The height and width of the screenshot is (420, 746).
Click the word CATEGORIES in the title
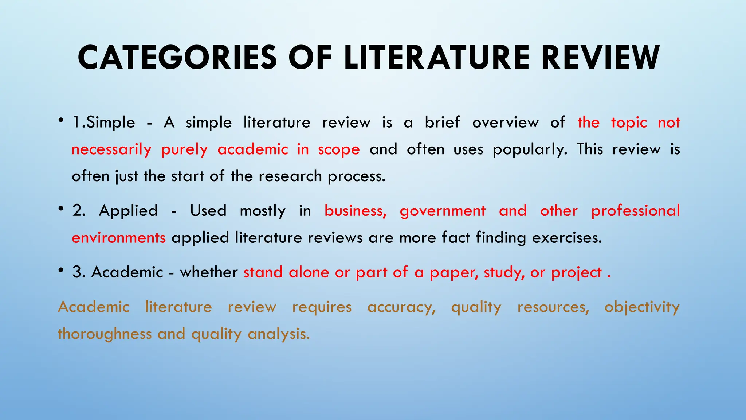point(177,58)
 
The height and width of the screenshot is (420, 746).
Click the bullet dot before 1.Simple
point(61,120)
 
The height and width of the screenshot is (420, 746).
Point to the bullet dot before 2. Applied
point(61,209)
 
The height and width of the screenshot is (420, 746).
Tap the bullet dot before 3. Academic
point(61,270)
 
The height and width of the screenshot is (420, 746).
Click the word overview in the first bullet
point(505,122)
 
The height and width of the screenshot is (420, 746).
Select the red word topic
point(629,122)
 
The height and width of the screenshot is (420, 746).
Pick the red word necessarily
point(111,149)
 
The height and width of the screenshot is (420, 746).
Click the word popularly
point(530,149)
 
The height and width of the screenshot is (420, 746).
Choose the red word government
point(443,211)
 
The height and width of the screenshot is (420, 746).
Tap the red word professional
point(635,211)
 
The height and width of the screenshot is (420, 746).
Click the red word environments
point(119,238)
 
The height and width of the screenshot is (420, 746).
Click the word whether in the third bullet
point(209,272)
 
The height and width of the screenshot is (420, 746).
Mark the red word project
point(576,272)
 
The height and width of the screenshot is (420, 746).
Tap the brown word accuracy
point(401,307)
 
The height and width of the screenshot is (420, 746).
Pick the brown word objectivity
point(642,307)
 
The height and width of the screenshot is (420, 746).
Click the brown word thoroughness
point(105,334)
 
